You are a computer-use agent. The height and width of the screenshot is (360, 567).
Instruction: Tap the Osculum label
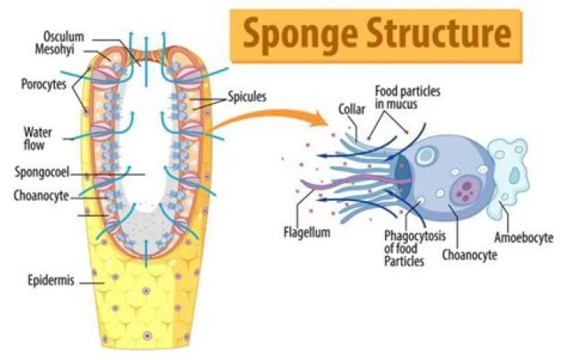click(x=65, y=35)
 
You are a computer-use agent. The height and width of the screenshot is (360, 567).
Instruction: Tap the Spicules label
click(x=246, y=98)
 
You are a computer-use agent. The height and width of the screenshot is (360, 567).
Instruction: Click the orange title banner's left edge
click(x=232, y=35)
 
